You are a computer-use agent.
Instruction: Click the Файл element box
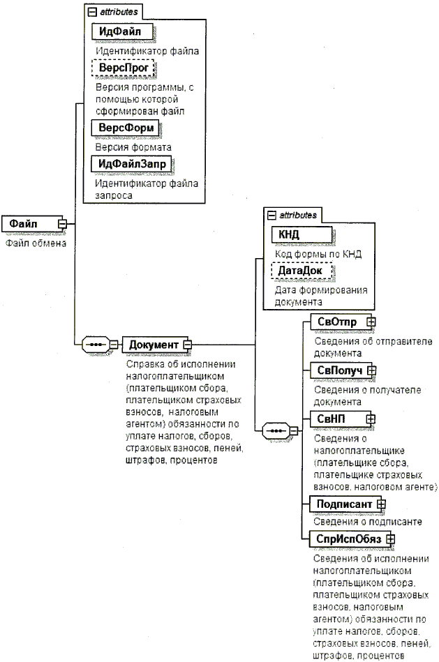click(29, 223)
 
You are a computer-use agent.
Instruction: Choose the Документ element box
click(152, 344)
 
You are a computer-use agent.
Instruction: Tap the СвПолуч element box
click(338, 370)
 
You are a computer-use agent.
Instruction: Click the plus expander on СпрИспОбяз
click(391, 539)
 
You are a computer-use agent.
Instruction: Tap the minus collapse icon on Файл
click(62, 223)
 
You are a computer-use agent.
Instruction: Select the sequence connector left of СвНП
click(275, 430)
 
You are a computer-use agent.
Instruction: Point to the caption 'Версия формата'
click(133, 148)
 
